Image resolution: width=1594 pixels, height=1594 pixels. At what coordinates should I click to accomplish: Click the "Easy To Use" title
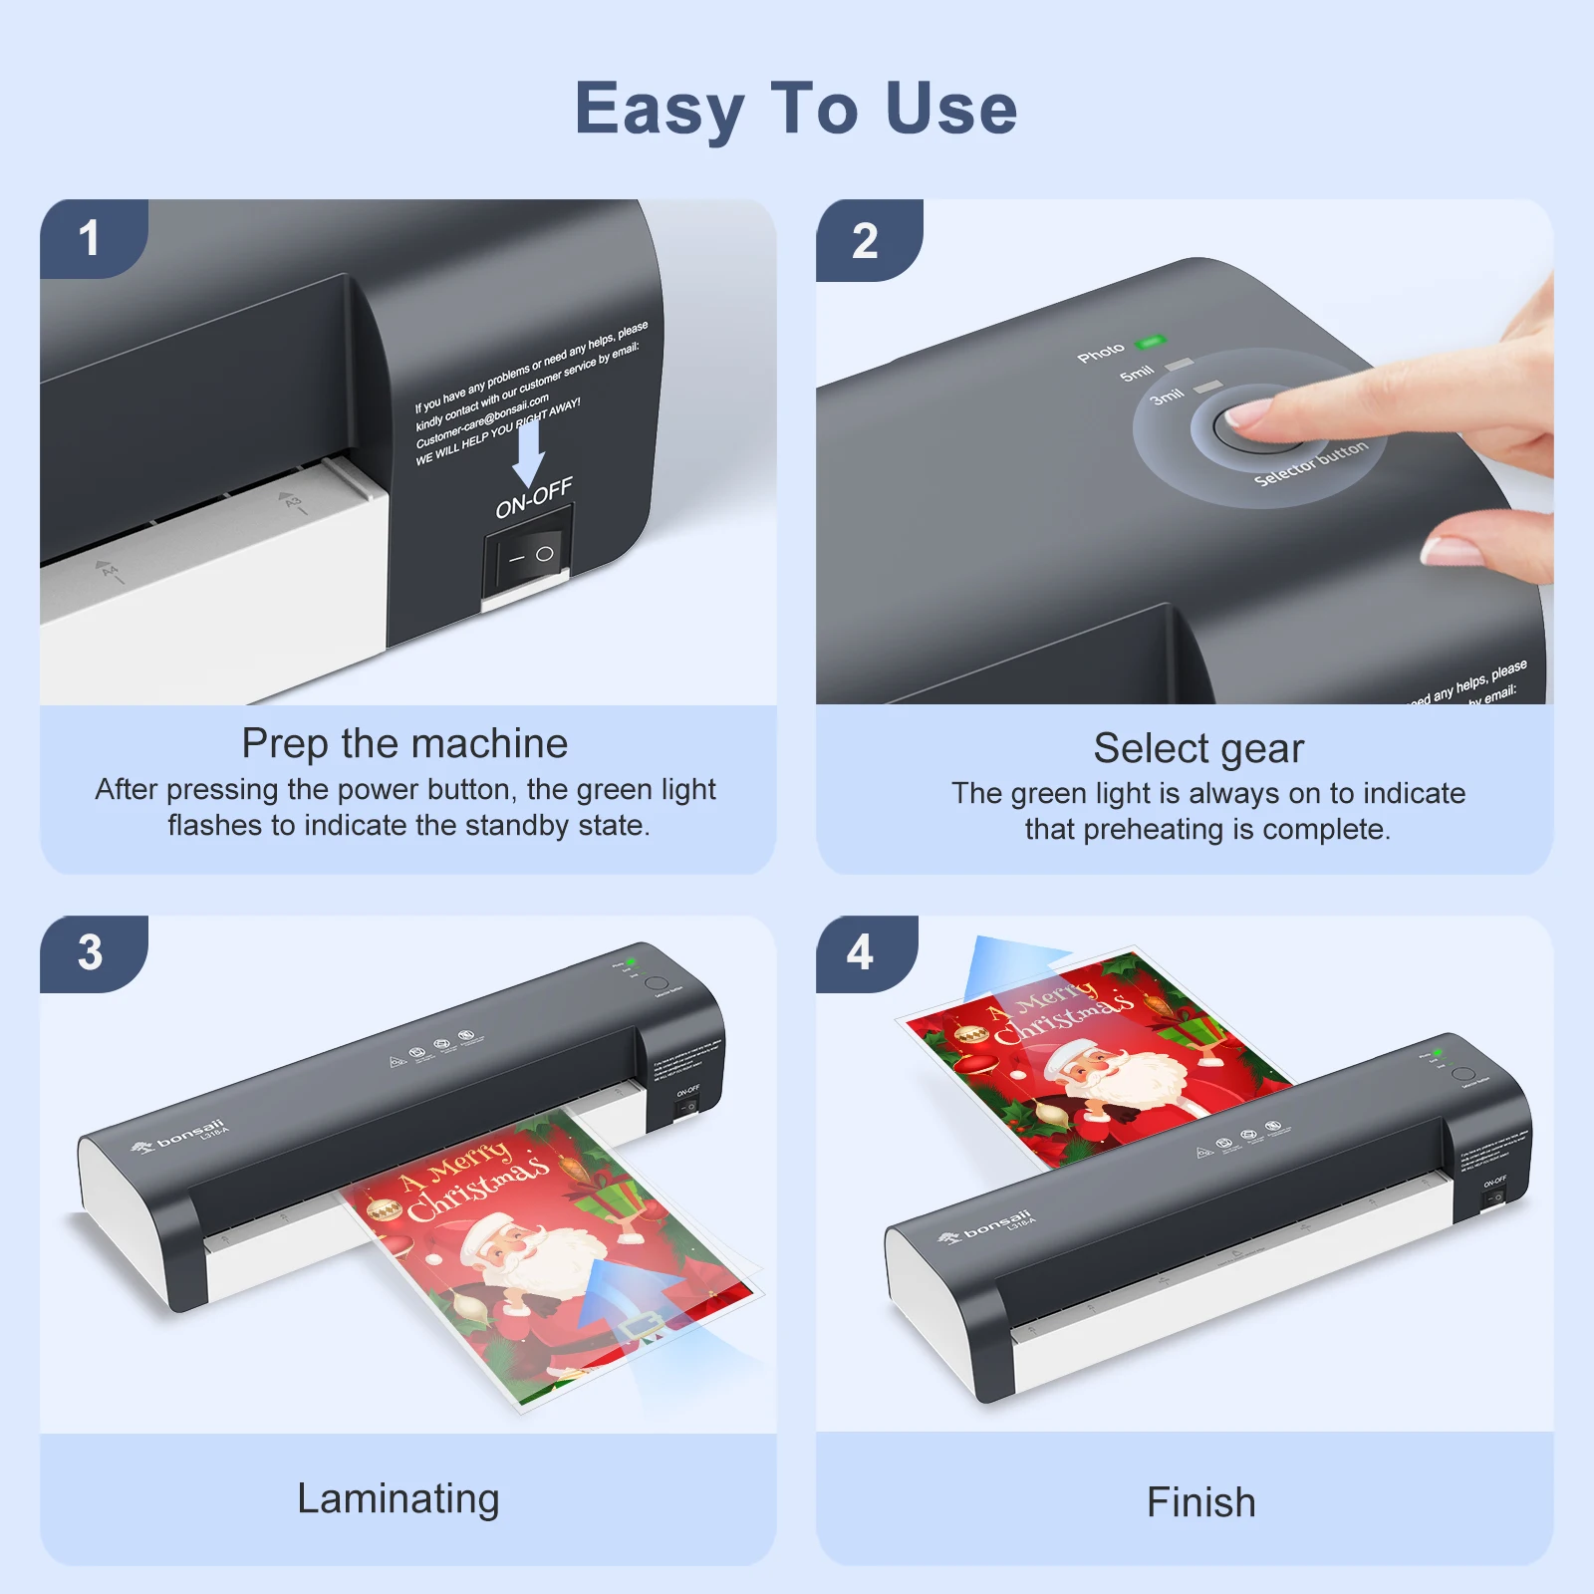click(x=796, y=109)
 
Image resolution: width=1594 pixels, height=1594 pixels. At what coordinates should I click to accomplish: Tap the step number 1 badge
click(x=90, y=238)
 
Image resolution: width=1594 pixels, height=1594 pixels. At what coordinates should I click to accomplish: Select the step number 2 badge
click(x=865, y=241)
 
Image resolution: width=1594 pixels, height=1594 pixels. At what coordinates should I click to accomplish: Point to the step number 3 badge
click(x=90, y=952)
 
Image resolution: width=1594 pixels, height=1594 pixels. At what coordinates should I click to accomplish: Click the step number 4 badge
click(x=860, y=952)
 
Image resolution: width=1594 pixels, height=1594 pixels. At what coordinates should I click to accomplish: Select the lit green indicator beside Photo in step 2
click(x=1150, y=343)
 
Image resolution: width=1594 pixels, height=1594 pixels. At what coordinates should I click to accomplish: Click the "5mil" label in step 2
click(x=1137, y=374)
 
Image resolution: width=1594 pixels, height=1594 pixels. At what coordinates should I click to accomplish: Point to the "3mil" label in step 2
click(x=1167, y=397)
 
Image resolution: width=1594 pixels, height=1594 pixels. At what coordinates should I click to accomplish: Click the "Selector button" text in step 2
click(x=1311, y=464)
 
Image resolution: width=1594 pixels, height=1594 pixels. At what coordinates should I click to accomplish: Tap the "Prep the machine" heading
click(x=404, y=743)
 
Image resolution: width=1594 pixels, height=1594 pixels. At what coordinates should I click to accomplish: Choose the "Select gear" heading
click(x=1198, y=748)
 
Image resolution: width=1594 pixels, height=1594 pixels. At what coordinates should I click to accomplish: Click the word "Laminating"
click(x=398, y=1498)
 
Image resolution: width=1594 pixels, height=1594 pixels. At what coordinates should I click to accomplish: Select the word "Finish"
click(x=1200, y=1502)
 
